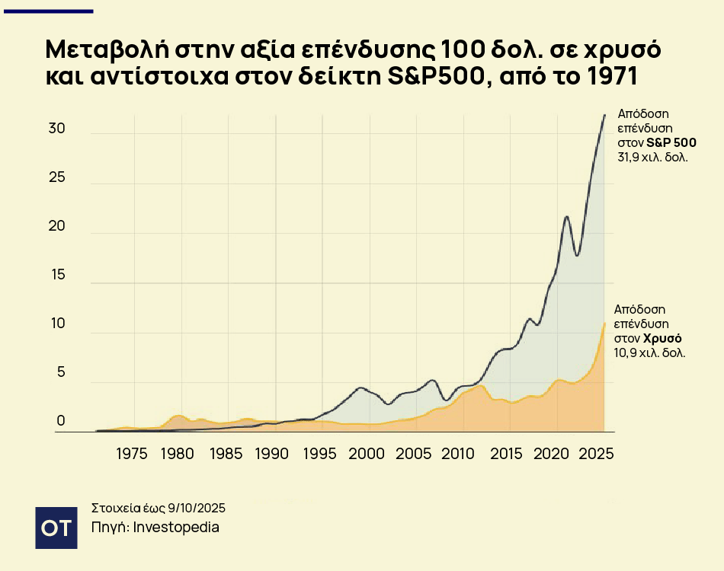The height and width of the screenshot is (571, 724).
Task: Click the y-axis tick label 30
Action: click(56, 129)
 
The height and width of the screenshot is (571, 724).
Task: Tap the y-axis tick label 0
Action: click(61, 421)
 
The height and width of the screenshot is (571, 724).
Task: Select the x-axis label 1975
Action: click(132, 454)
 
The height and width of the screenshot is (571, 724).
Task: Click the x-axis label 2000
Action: click(367, 454)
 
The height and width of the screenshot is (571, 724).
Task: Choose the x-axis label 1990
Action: click(272, 454)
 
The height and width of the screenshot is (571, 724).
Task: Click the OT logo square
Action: click(56, 527)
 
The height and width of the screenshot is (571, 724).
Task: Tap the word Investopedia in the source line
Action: click(176, 527)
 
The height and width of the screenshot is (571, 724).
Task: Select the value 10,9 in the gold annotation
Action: click(627, 352)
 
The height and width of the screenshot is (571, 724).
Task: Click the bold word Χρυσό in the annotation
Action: click(662, 338)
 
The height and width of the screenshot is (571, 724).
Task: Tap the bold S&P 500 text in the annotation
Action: click(671, 143)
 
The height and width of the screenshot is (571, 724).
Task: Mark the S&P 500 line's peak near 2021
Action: click(566, 217)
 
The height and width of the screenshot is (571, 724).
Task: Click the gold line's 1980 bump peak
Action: click(178, 416)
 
